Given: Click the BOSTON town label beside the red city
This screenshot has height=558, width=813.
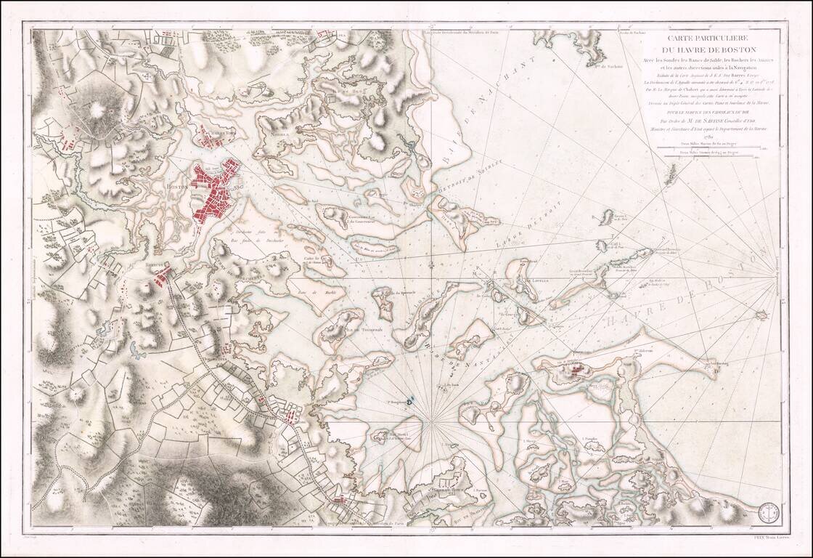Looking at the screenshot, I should tap(177, 186).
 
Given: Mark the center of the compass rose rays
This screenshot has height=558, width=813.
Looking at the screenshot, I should tap(433, 420).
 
